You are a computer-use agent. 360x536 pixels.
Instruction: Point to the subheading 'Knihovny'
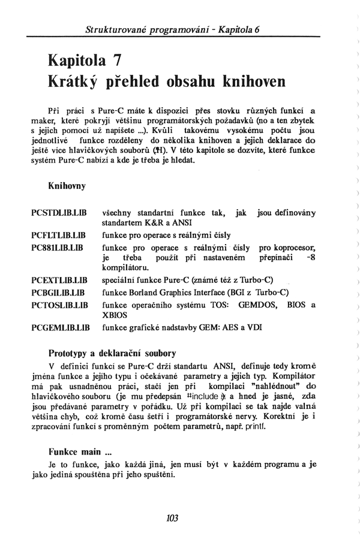tap(67, 186)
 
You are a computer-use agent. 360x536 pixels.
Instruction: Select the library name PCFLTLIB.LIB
tap(59, 234)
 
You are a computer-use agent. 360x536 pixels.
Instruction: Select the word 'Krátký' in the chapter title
tap(76, 81)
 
